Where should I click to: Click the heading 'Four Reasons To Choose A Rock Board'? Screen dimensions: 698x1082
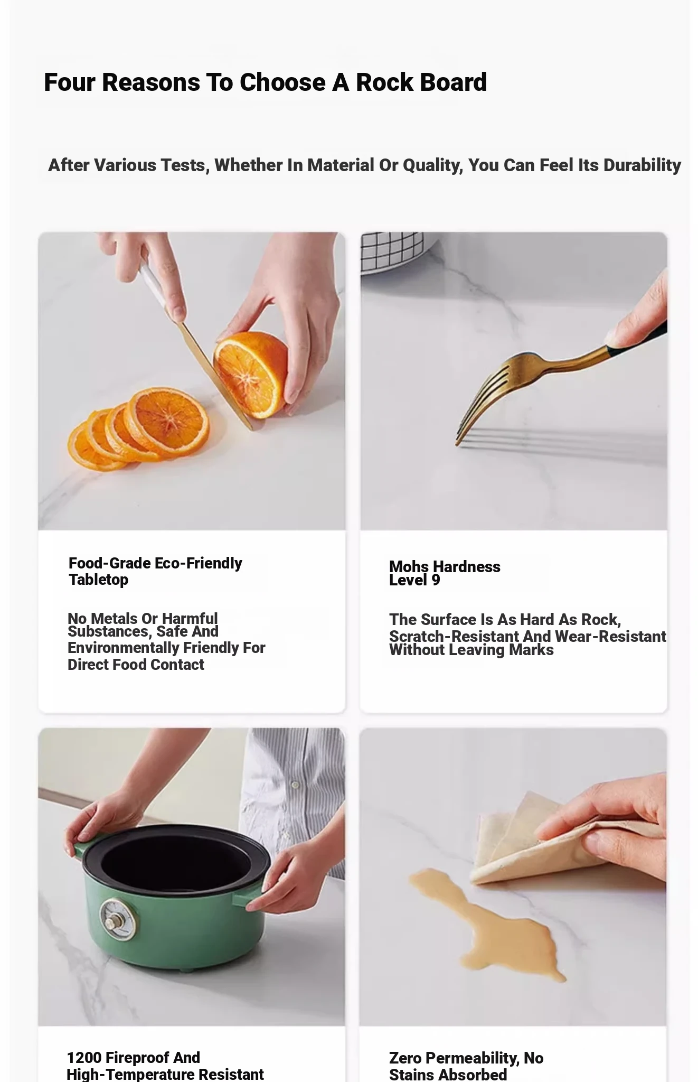coord(265,82)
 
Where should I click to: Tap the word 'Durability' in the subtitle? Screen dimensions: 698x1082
coord(642,165)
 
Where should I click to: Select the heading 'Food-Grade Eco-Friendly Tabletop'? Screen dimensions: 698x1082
coord(155,571)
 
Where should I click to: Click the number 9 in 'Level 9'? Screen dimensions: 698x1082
coord(436,580)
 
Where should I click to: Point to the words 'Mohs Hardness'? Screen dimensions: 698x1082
coord(445,566)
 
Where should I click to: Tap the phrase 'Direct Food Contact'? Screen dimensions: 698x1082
coord(136,665)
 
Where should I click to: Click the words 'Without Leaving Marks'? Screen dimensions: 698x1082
coord(471,650)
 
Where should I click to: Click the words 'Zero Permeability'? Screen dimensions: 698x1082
coord(454,1058)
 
